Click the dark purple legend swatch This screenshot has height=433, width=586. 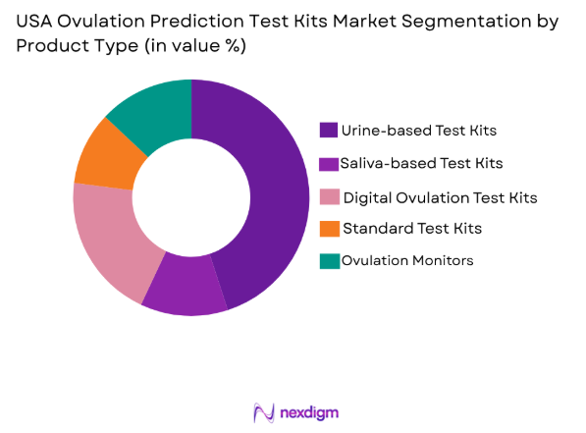328,130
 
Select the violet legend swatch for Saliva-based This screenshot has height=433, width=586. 328,162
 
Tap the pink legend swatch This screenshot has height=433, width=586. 328,197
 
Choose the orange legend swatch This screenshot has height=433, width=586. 328,229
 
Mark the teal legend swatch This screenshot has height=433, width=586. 328,260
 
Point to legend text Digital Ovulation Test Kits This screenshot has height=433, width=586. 440,197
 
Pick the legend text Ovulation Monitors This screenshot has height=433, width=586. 407,260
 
